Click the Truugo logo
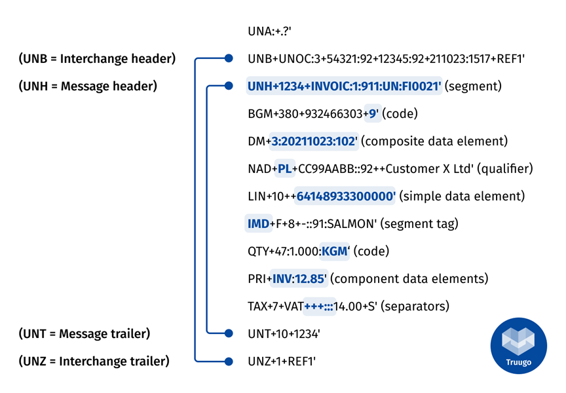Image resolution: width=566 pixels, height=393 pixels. tap(518, 345)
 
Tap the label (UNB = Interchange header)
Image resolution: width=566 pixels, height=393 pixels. tap(98, 59)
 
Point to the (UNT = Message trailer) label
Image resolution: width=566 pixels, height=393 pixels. tap(85, 333)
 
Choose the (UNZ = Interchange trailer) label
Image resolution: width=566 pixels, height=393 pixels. tap(94, 361)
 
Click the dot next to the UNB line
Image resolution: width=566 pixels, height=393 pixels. tap(228, 58)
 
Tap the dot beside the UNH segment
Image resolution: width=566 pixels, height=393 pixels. tap(228, 86)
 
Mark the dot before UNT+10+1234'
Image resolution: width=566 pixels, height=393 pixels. tap(228, 333)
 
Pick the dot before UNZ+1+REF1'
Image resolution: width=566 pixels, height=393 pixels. tap(228, 361)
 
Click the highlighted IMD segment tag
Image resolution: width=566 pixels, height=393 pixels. tap(258, 224)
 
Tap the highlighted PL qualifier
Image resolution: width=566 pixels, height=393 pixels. tap(284, 169)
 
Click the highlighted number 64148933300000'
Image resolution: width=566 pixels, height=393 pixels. tap(346, 196)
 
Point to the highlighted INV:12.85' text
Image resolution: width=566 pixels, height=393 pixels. tap(299, 279)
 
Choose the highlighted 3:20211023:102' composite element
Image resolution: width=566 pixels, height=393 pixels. tap(314, 141)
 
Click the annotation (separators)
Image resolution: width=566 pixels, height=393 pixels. tap(416, 307)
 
